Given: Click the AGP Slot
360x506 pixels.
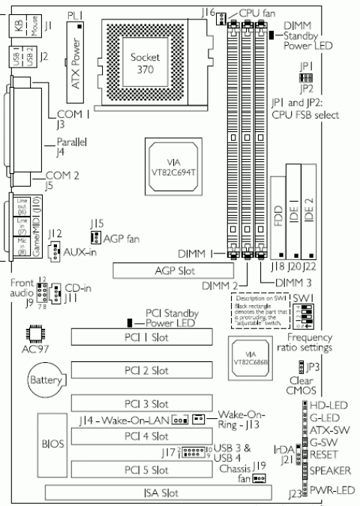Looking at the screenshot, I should (x=169, y=270).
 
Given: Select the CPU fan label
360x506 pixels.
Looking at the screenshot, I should (x=256, y=13).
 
